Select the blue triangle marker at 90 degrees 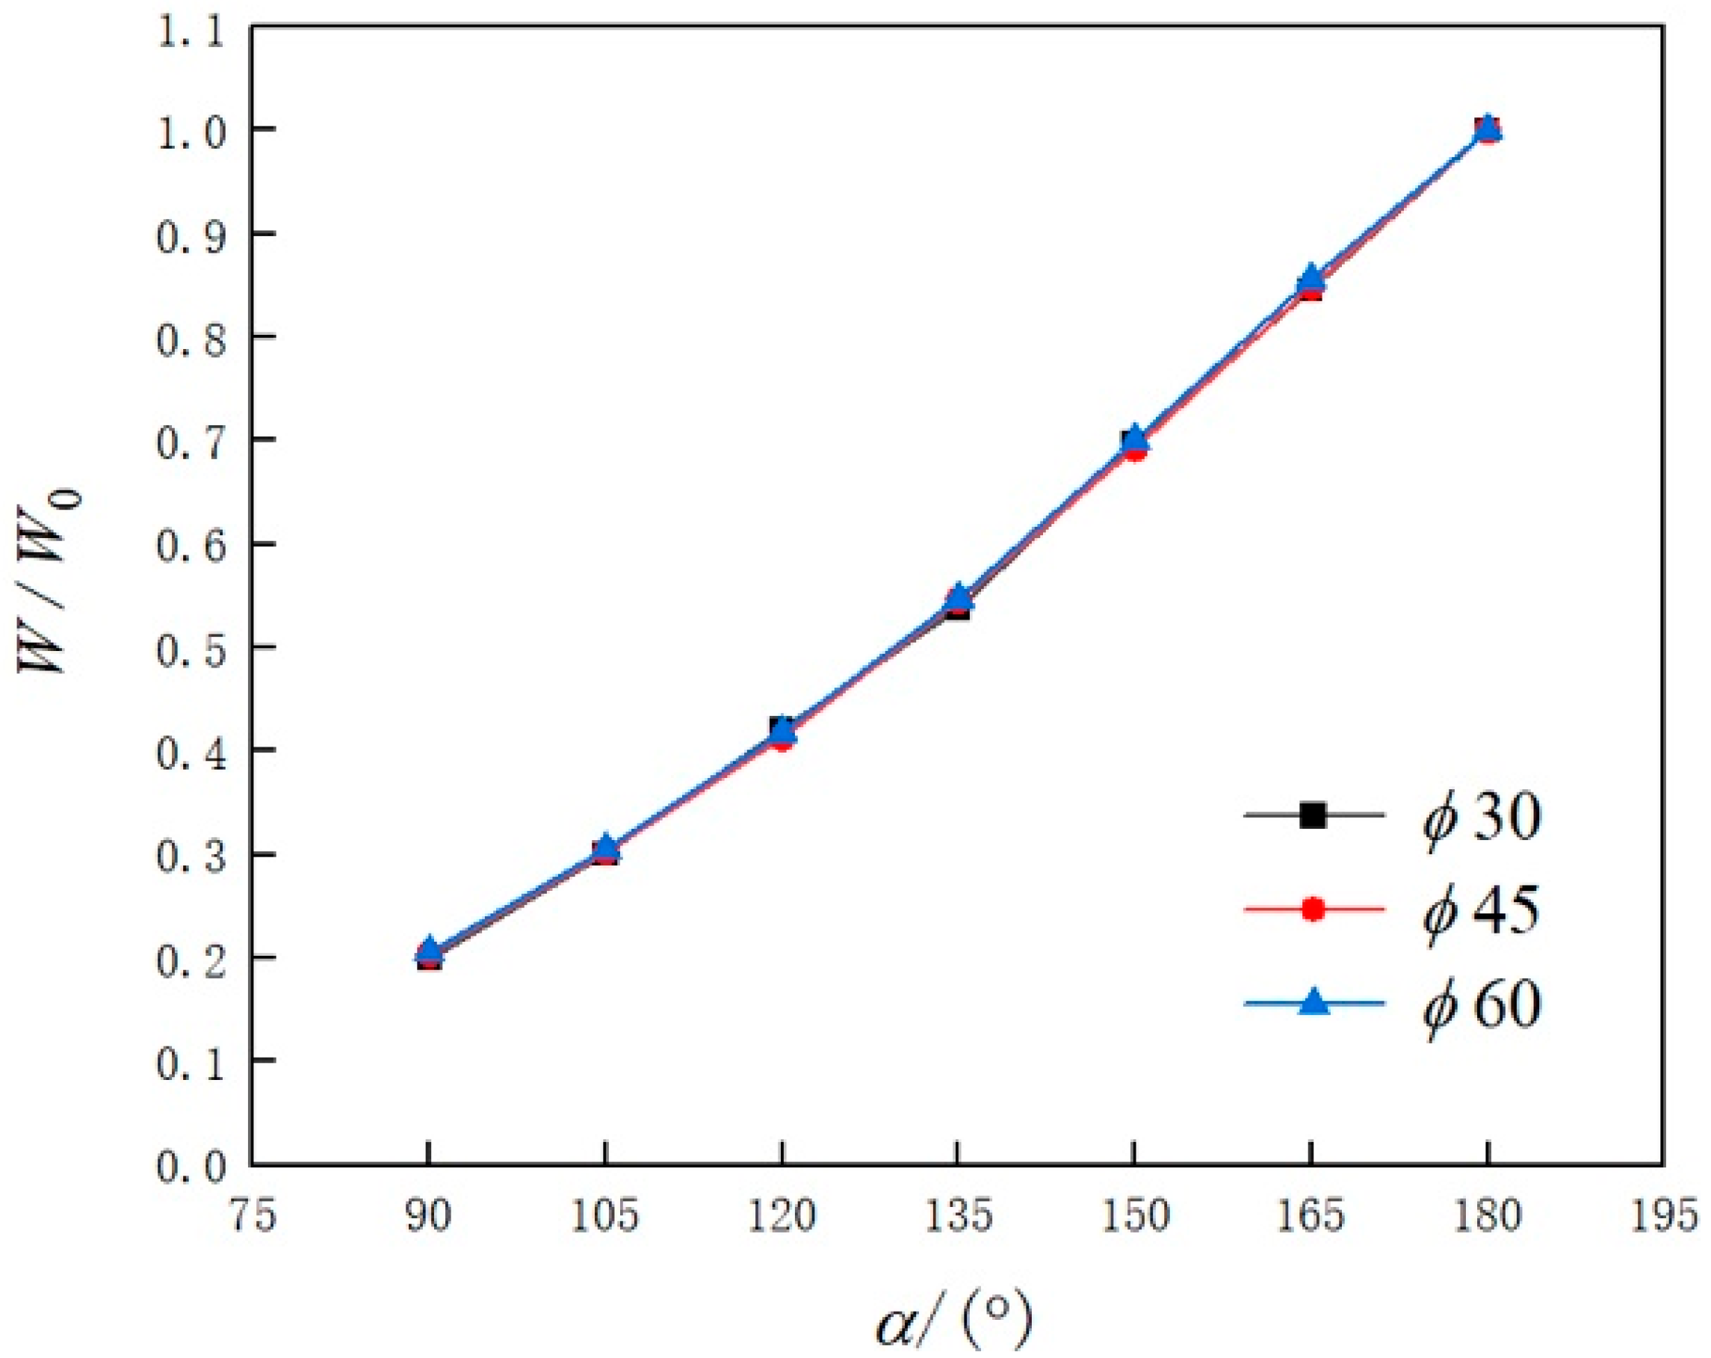430,948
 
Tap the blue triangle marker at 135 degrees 959,595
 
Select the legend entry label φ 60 1481,1003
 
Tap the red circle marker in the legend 1314,909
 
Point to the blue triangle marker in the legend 1314,1002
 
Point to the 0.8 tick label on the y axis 191,337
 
